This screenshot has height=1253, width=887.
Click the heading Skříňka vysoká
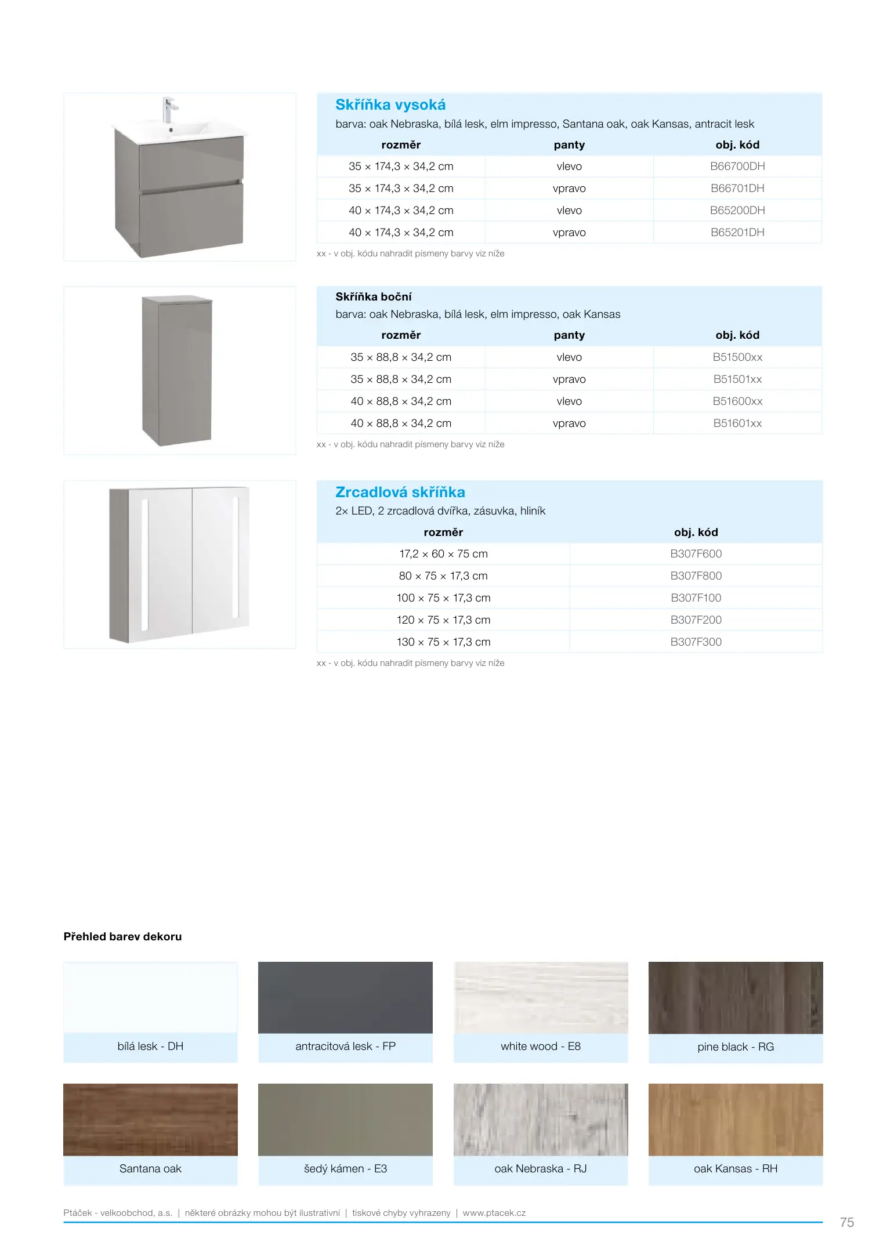[x=390, y=105]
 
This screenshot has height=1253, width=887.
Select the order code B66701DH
[x=737, y=189]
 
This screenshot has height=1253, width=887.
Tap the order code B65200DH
[x=737, y=211]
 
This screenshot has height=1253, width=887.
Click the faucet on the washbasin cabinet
[x=169, y=110]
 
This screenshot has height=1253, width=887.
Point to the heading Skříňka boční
[x=374, y=297]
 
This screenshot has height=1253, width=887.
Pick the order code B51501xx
[x=737, y=379]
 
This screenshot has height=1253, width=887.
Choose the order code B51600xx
[x=737, y=401]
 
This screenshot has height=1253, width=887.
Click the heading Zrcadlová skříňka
[x=400, y=492]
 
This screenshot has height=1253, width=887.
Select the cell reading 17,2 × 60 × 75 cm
[x=443, y=554]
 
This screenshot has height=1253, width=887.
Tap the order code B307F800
[x=696, y=576]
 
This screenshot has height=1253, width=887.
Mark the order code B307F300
[x=696, y=642]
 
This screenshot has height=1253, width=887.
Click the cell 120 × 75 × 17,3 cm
[x=443, y=620]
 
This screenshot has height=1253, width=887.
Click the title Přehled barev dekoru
[x=122, y=937]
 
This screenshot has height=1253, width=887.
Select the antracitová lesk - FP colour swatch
[x=345, y=998]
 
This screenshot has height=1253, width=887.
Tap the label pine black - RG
[x=736, y=1047]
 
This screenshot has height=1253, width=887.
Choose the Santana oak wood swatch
[x=150, y=1120]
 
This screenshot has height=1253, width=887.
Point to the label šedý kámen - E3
[x=345, y=1169]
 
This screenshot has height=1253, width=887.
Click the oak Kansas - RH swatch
[x=736, y=1120]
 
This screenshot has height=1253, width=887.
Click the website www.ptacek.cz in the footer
[x=494, y=1213]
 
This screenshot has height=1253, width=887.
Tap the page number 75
[x=846, y=1223]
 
